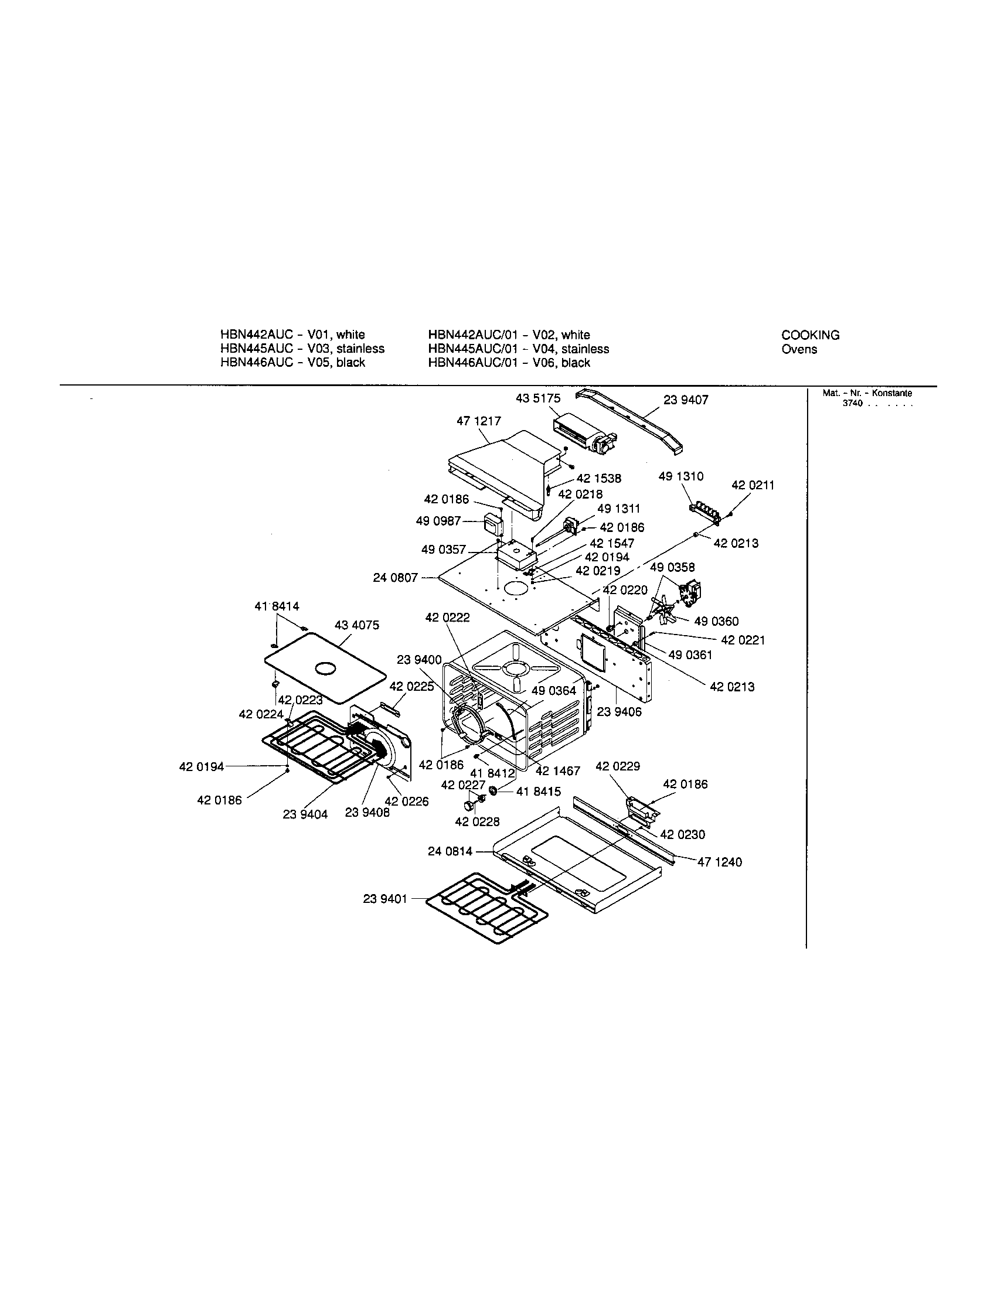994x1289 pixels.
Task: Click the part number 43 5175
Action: click(x=537, y=398)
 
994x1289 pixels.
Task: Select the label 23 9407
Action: click(x=685, y=400)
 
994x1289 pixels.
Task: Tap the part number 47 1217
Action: click(x=478, y=421)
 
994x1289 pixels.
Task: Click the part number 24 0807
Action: click(x=395, y=578)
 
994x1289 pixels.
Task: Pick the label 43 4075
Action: click(x=356, y=625)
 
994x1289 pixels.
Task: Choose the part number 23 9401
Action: click(x=385, y=899)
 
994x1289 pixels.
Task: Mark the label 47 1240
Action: click(x=720, y=862)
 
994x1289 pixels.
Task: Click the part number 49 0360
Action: click(x=716, y=621)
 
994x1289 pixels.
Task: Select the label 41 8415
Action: click(x=538, y=792)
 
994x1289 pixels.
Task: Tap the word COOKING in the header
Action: click(x=810, y=335)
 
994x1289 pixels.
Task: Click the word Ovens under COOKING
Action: click(x=799, y=349)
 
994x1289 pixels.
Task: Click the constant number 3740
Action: click(x=853, y=403)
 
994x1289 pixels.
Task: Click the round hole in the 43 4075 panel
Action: click(x=325, y=668)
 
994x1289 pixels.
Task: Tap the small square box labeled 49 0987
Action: click(x=492, y=523)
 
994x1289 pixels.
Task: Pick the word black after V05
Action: click(x=350, y=362)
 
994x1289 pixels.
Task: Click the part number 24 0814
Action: click(x=450, y=852)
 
